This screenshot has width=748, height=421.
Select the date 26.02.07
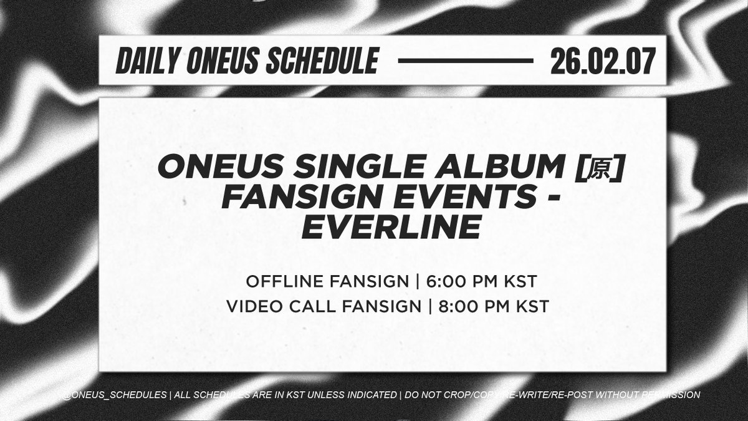602,61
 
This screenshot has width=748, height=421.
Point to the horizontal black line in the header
464,61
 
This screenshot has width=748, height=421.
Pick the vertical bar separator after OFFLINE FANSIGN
416,282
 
